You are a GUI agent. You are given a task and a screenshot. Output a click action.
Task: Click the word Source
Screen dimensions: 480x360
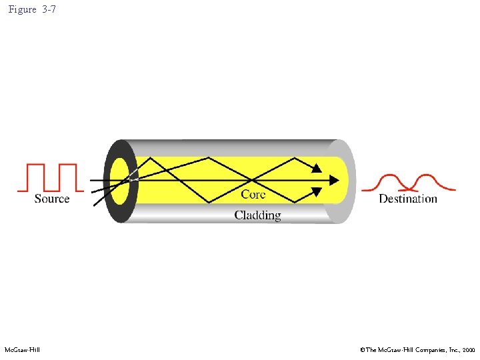coord(52,199)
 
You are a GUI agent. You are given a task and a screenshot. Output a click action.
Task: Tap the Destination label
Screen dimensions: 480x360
coord(408,199)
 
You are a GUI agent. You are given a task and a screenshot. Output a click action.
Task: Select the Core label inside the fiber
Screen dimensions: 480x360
coord(253,194)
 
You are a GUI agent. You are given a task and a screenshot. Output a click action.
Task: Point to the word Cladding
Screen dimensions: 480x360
coord(257,215)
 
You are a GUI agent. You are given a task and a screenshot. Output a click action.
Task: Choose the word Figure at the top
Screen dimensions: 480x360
coord(23,10)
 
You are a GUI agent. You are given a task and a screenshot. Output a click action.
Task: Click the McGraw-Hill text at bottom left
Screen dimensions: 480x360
coord(22,350)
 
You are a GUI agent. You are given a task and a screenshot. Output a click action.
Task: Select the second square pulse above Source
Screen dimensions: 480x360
coord(67,177)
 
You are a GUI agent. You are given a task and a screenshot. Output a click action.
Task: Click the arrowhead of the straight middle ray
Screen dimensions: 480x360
coord(333,180)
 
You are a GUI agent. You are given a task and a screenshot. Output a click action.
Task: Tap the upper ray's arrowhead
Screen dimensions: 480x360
coord(317,168)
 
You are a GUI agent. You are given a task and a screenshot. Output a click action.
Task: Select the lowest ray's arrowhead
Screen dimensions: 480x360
coord(317,193)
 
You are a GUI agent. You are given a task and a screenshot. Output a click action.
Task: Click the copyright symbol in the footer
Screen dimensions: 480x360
coord(363,350)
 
